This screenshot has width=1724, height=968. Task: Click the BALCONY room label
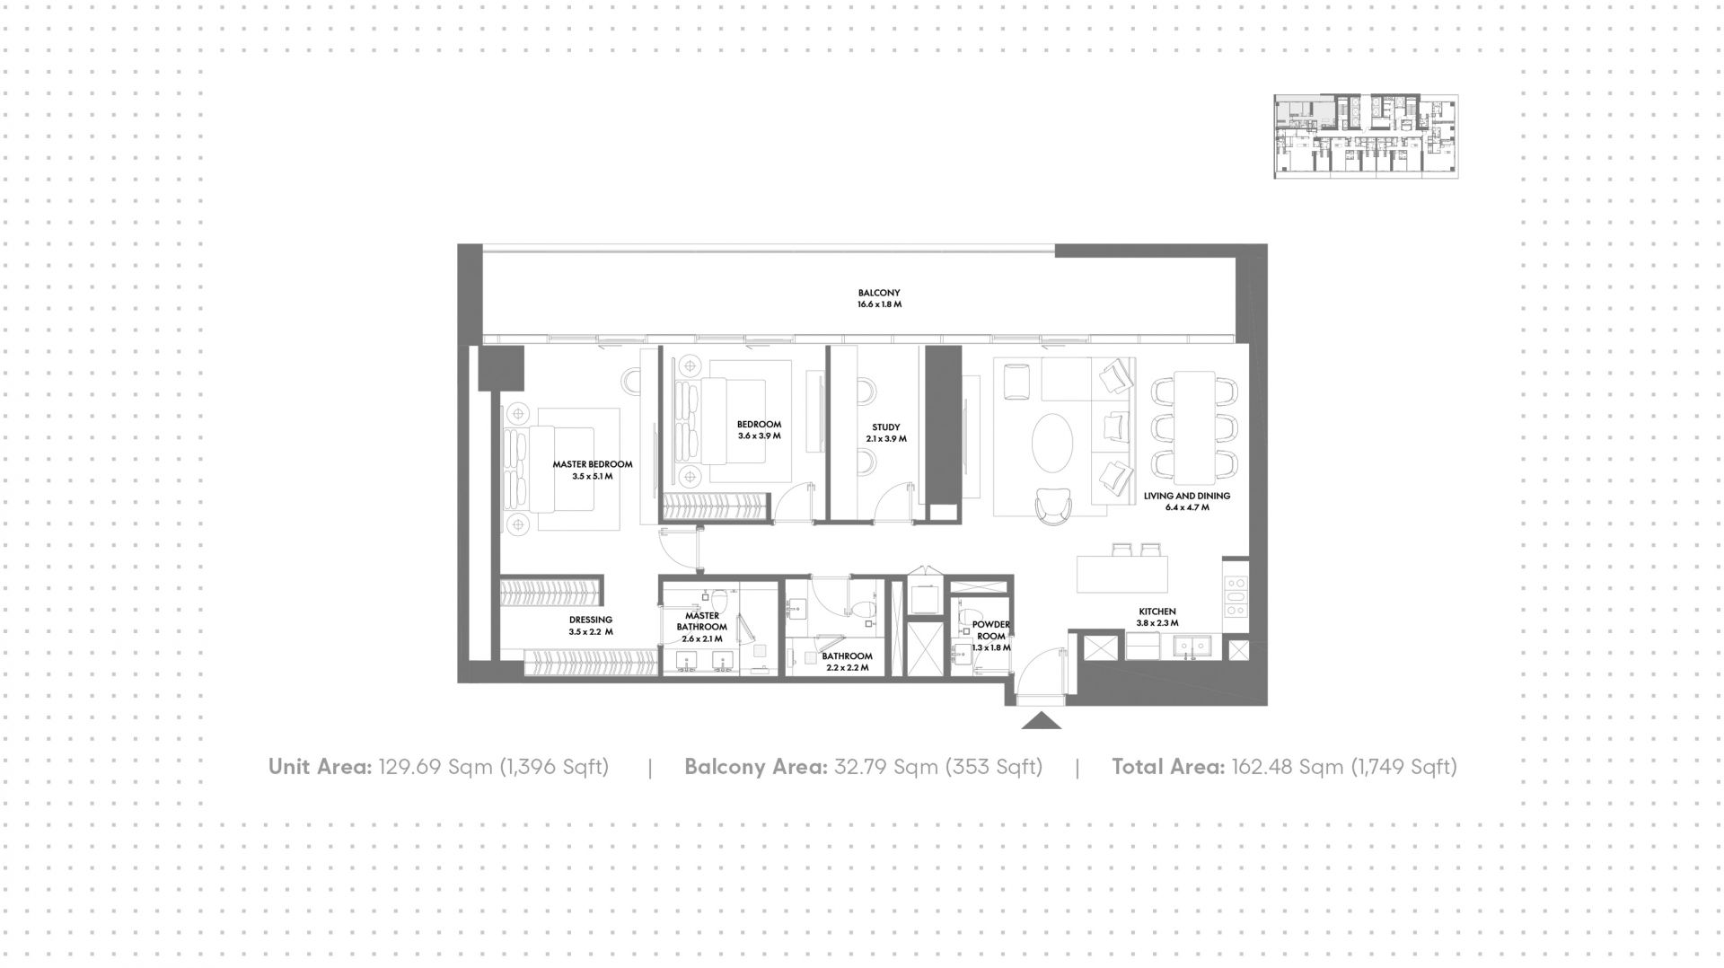(x=878, y=293)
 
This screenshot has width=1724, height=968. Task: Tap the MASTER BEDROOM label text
(x=593, y=464)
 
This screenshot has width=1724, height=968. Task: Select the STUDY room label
(x=885, y=427)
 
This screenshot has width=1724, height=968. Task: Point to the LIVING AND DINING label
(x=1187, y=496)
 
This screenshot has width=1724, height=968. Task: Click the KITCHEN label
(x=1157, y=612)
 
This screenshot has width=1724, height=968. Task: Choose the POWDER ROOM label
(x=991, y=630)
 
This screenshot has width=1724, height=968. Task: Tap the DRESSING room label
(x=591, y=620)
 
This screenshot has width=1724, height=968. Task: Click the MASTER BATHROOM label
(x=702, y=621)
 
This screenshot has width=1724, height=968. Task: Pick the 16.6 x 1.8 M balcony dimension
(x=879, y=304)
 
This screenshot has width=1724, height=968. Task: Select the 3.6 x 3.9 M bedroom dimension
(x=760, y=436)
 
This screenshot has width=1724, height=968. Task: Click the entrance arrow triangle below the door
(x=1042, y=720)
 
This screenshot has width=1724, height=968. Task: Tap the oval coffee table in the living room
(x=1051, y=443)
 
